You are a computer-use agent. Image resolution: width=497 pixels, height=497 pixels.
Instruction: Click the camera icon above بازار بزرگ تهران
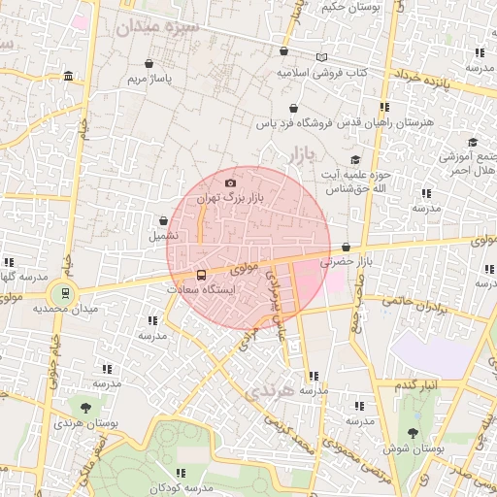coord(230,182)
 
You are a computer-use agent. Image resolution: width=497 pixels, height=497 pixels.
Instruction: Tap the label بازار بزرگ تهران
coord(230,197)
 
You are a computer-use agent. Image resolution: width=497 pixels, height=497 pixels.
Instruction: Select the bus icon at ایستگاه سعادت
coord(201,275)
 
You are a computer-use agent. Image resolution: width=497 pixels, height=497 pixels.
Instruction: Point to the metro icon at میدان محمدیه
coord(65,292)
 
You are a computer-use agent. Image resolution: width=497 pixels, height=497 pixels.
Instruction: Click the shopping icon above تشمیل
coord(162,221)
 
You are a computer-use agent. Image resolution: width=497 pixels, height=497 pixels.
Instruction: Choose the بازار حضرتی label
coord(348,261)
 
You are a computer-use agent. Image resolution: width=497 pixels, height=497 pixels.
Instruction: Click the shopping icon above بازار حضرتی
coord(347,247)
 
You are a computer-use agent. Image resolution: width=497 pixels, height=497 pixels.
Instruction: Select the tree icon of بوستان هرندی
coord(86,408)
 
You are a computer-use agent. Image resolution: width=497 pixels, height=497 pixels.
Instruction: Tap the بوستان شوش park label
coord(414,449)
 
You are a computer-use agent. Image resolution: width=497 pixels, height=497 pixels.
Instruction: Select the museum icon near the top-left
coord(67,77)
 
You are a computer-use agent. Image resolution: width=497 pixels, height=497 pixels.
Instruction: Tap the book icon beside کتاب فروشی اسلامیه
coord(321,57)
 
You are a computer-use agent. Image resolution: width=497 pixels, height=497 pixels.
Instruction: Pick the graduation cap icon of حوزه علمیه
coord(355,159)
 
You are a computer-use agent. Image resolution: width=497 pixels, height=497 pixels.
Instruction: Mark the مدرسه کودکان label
coord(181,486)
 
